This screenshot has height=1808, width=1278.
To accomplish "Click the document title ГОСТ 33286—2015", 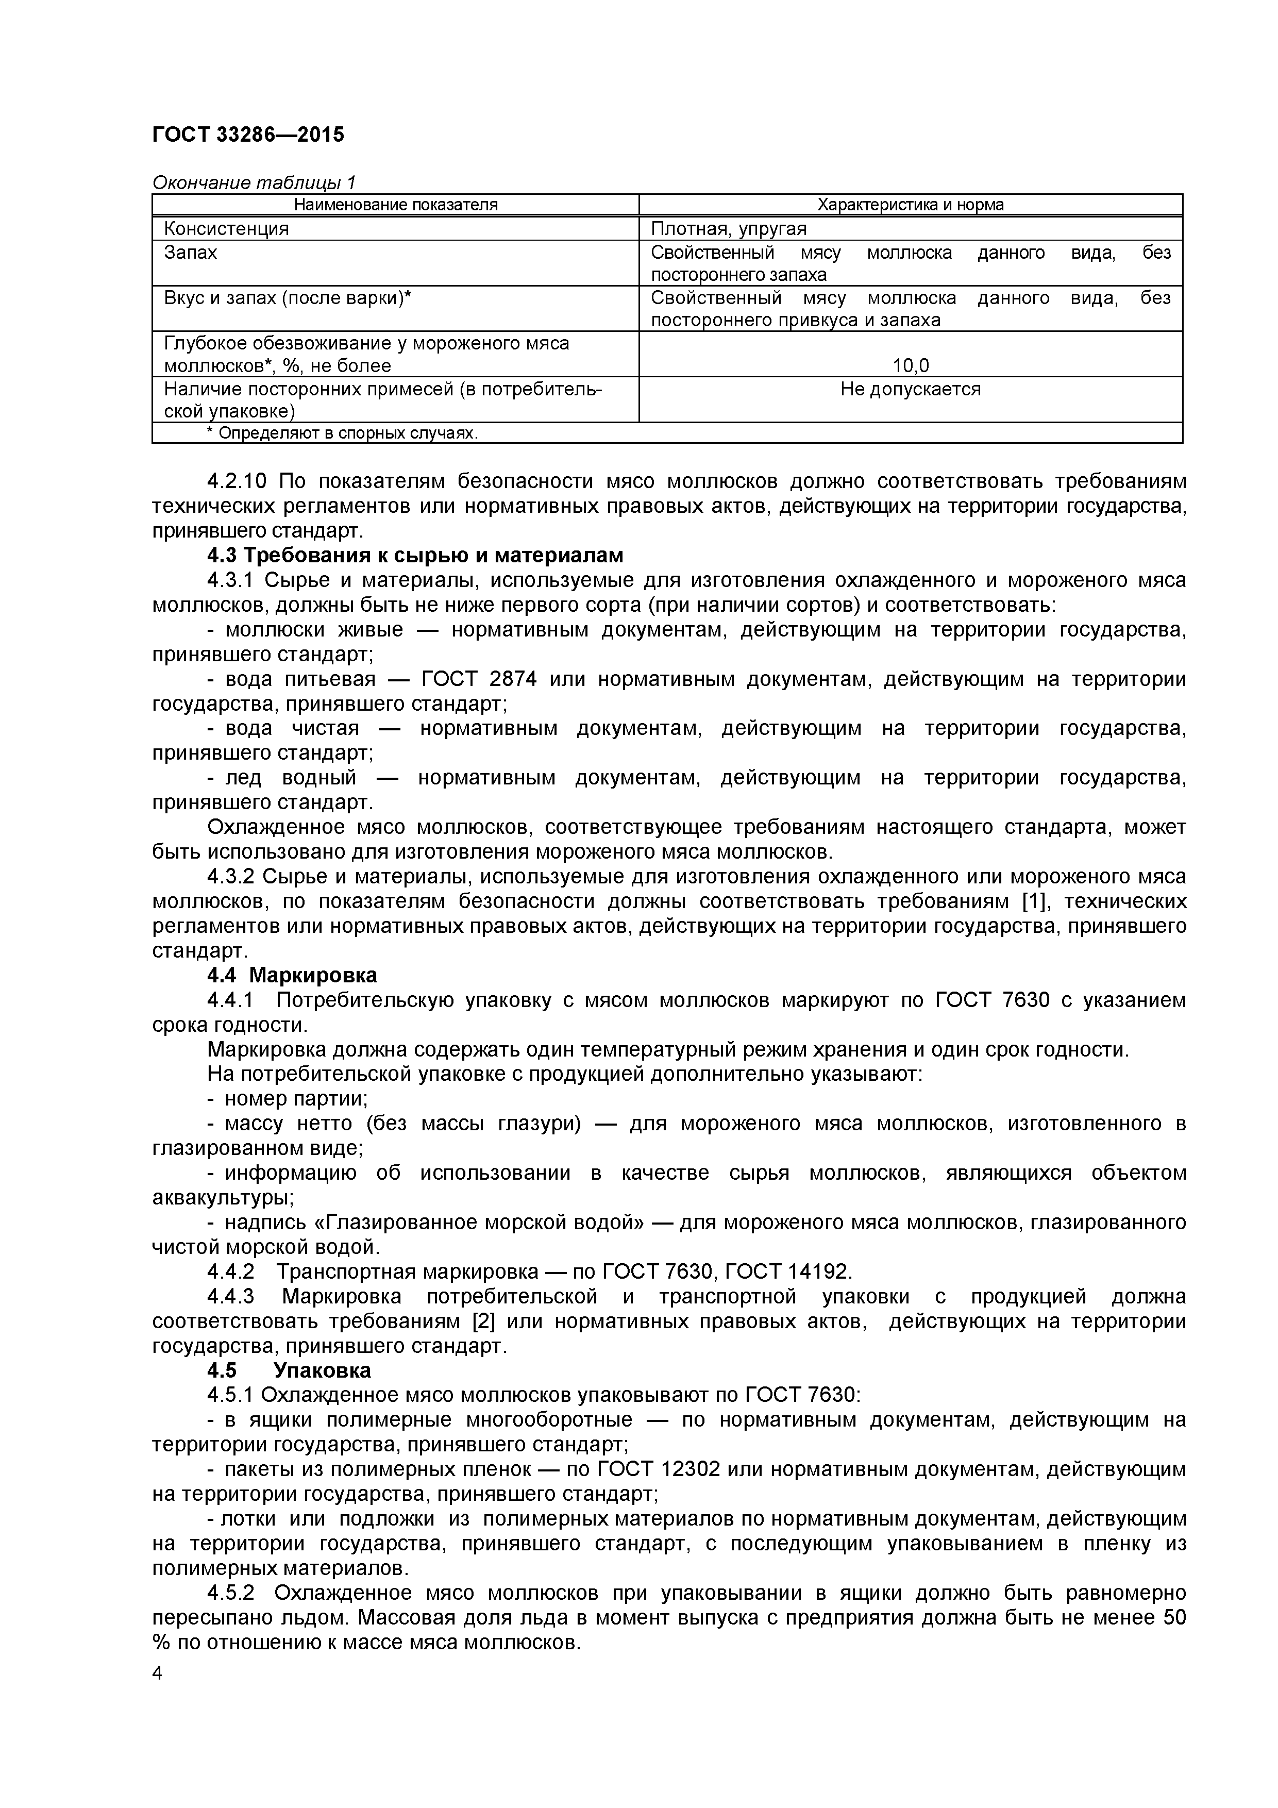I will coord(248,136).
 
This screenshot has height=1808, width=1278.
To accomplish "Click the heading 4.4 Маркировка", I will coord(292,975).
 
